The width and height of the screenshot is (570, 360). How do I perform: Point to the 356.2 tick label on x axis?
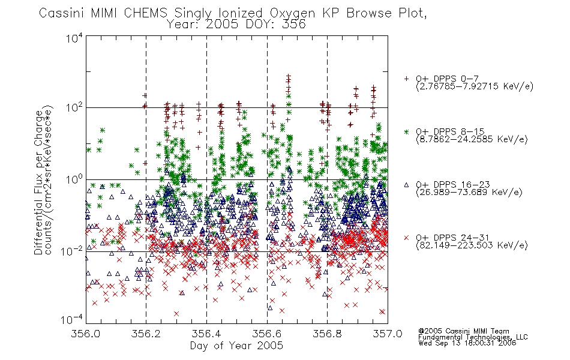click(146, 334)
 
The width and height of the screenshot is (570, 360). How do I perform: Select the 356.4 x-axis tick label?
click(206, 334)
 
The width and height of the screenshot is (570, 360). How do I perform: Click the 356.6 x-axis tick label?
click(267, 334)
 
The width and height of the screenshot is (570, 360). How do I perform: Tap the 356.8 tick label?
click(327, 334)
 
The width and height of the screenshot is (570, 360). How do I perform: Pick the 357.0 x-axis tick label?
click(388, 334)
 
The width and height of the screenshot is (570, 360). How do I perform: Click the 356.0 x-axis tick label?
click(85, 334)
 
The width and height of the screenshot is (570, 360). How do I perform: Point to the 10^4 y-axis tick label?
click(74, 38)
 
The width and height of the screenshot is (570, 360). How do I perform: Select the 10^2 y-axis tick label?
click(74, 108)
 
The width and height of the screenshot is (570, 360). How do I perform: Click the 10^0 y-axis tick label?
click(74, 180)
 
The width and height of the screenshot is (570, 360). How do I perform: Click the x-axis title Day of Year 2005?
click(236, 346)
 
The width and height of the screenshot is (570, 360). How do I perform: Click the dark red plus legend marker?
click(406, 79)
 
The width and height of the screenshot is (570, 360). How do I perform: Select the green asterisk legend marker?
click(406, 131)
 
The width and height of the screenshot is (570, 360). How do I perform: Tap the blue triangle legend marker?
click(406, 185)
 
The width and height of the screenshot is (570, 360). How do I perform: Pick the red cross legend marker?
click(406, 238)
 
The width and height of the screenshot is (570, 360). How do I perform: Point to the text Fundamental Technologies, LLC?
click(473, 337)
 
